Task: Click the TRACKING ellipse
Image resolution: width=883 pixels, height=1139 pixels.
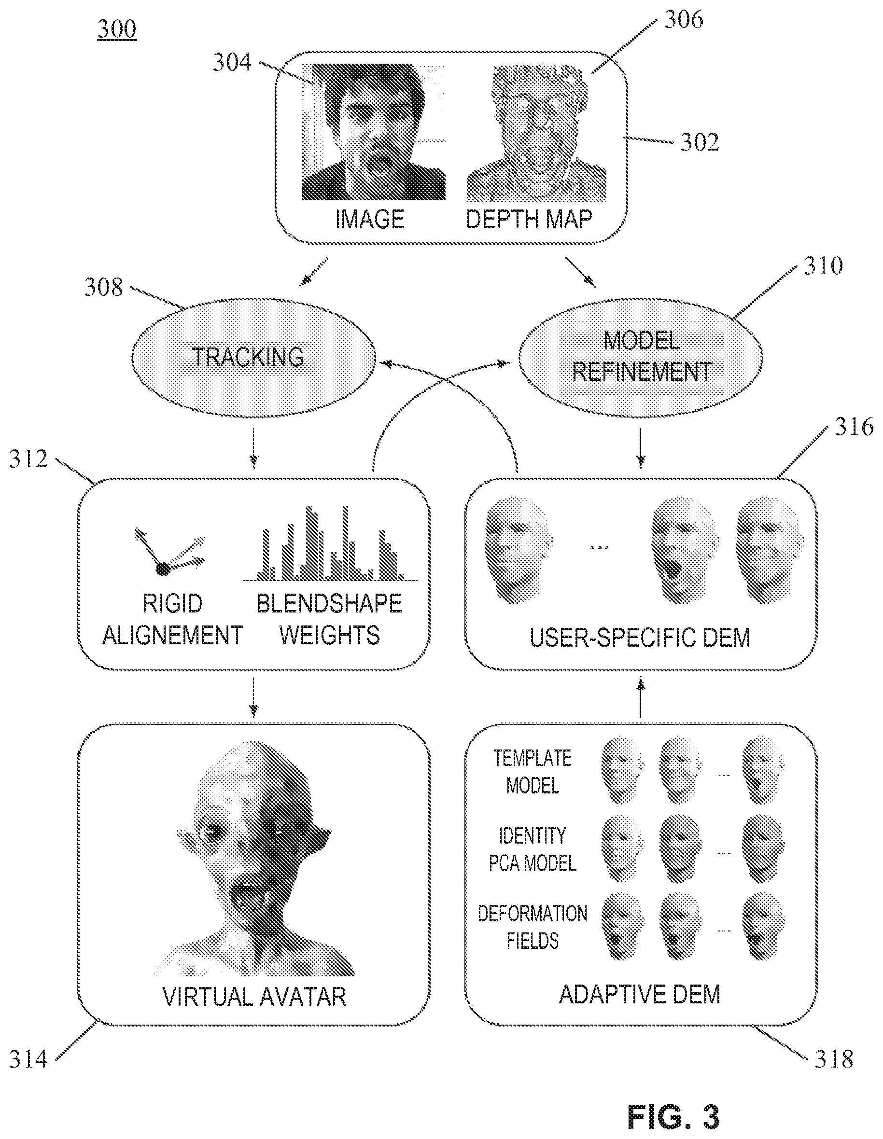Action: pos(253,358)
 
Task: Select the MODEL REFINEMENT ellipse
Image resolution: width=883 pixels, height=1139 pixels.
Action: pos(641,358)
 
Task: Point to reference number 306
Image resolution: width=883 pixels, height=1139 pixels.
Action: pos(684,19)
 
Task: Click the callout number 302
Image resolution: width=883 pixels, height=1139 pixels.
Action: pos(700,142)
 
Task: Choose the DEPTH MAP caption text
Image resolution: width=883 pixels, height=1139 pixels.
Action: pos(529,219)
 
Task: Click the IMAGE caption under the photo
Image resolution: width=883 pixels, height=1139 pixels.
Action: pos(370,219)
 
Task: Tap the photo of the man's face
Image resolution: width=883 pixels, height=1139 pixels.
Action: pos(374,132)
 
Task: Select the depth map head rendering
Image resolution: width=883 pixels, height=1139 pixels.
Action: pos(537,134)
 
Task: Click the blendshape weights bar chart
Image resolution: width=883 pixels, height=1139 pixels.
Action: pos(330,543)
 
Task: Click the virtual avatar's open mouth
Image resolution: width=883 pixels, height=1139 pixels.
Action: pos(251,898)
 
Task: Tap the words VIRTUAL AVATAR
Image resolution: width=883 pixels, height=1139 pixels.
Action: pos(254,997)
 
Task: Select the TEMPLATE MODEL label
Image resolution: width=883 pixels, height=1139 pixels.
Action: pos(533,772)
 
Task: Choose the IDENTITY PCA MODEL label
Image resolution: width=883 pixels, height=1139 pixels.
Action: pos(533,849)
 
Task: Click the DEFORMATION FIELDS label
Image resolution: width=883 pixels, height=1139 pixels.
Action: pos(533,927)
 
